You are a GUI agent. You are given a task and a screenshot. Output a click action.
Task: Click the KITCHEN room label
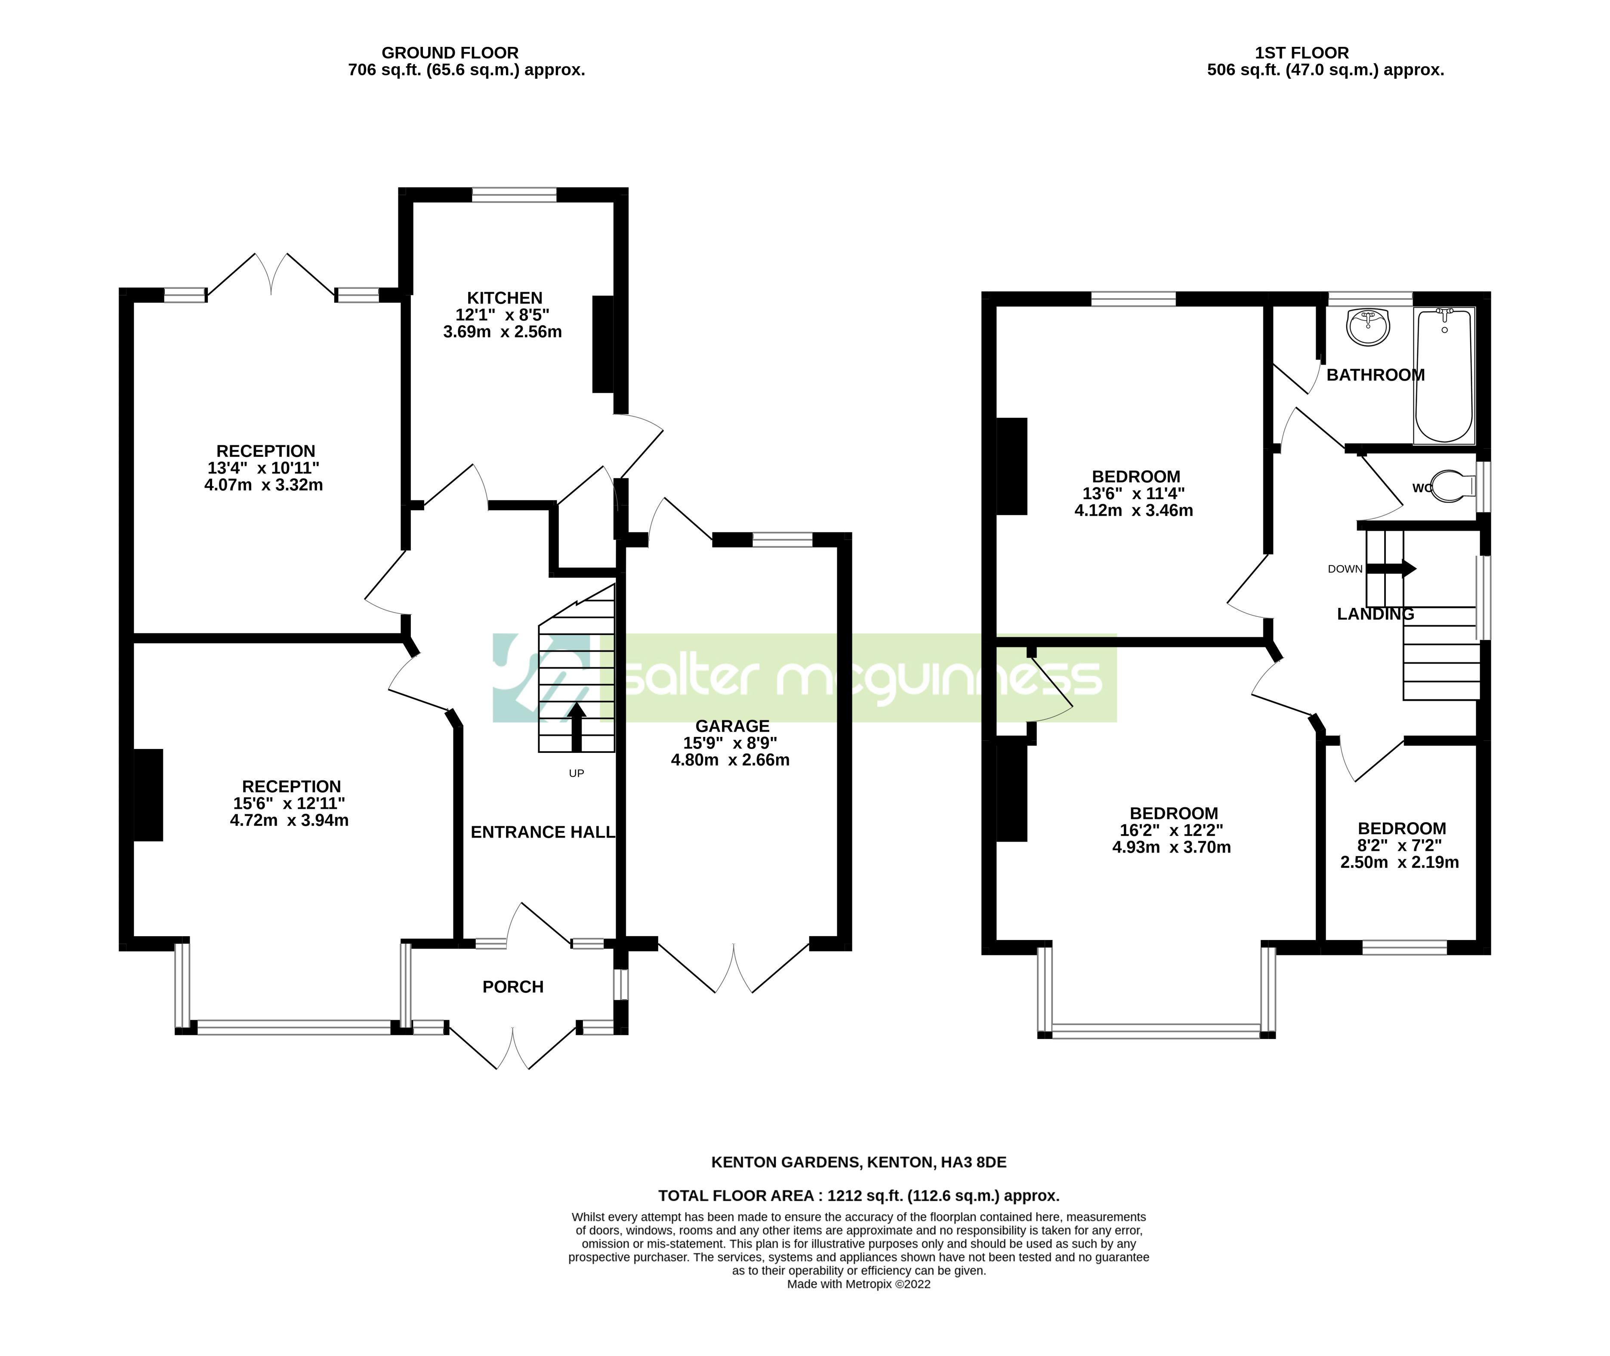pos(504,298)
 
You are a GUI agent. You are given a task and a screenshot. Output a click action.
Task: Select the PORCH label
pos(513,987)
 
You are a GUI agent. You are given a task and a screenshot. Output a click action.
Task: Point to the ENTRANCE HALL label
pos(543,832)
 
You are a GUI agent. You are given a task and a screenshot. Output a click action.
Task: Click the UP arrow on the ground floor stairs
pos(577,727)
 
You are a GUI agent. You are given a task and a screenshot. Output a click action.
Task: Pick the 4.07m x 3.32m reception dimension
pos(264,485)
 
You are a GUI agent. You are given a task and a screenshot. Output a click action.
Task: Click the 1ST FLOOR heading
pos(1302,53)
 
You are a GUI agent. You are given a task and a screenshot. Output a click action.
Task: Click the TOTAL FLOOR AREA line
pos(859,1196)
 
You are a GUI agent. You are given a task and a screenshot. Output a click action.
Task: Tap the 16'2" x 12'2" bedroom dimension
pos(1171,830)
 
